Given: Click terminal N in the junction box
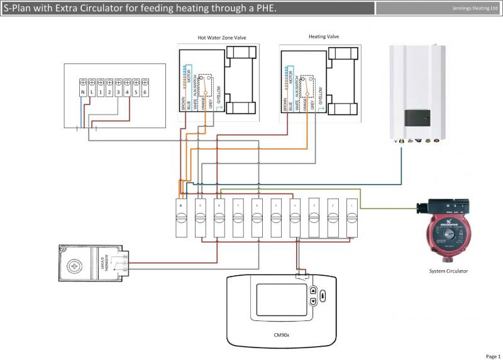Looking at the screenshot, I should [83, 92].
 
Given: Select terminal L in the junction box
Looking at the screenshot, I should [92, 92].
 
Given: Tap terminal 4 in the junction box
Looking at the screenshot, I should [127, 92].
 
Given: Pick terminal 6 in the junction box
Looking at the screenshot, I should [145, 92].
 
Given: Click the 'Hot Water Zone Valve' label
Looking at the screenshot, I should [221, 38].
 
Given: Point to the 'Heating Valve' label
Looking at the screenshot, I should [324, 36].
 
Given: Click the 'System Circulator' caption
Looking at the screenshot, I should [448, 271].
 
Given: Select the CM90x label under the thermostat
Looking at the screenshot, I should [281, 335].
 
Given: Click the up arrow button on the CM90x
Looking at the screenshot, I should [313, 291].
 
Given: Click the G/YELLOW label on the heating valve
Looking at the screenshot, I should [321, 95].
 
